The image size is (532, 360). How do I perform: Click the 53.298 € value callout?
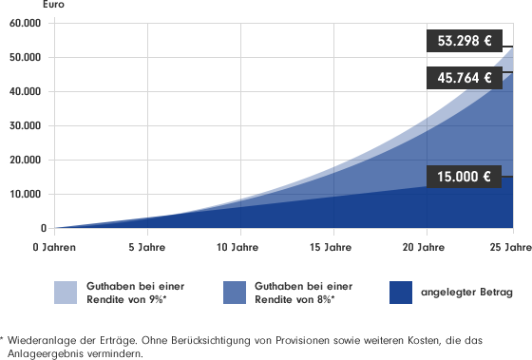pos(463,42)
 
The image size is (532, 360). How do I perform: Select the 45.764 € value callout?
pos(463,78)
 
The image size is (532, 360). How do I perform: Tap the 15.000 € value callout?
pos(463,176)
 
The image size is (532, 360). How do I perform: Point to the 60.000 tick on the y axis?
pos(28,23)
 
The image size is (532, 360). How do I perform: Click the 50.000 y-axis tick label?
pos(28,57)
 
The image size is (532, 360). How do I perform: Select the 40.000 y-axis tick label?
pos(28,91)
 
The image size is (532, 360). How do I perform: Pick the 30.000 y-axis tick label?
pos(28,125)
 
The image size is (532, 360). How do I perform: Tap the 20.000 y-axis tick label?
pos(28,160)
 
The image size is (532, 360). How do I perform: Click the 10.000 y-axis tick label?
pos(28,194)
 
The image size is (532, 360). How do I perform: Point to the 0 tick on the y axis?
pos(43,229)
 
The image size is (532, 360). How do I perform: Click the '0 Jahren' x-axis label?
pos(54,248)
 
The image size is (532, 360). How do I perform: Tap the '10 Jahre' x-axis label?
pos(239,248)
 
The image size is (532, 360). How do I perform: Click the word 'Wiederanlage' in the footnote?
pos(40,339)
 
